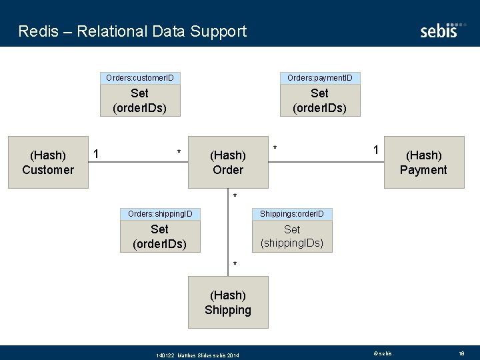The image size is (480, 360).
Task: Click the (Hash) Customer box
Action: click(x=48, y=163)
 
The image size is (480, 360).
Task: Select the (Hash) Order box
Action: click(x=227, y=163)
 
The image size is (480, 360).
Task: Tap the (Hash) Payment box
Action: click(x=423, y=163)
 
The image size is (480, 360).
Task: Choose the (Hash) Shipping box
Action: click(x=227, y=303)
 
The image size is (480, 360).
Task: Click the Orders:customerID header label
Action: click(x=140, y=78)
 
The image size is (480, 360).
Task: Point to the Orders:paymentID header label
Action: click(x=319, y=78)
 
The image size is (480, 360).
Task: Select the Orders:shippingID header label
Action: click(x=160, y=214)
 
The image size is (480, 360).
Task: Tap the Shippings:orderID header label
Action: click(x=292, y=214)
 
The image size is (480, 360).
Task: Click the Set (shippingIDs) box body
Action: click(x=292, y=236)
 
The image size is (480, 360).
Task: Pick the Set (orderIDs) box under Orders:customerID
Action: click(x=140, y=101)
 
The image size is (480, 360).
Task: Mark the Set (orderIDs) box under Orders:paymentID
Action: click(x=319, y=101)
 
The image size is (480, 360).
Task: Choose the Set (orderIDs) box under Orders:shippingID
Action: click(x=160, y=237)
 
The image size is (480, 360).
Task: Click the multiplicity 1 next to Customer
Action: click(x=97, y=154)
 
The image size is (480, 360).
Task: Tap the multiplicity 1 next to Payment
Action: click(x=376, y=151)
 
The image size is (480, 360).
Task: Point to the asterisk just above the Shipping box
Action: click(x=235, y=265)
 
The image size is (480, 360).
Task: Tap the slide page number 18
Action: click(x=461, y=353)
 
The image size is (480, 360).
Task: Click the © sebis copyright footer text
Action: click(x=383, y=353)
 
